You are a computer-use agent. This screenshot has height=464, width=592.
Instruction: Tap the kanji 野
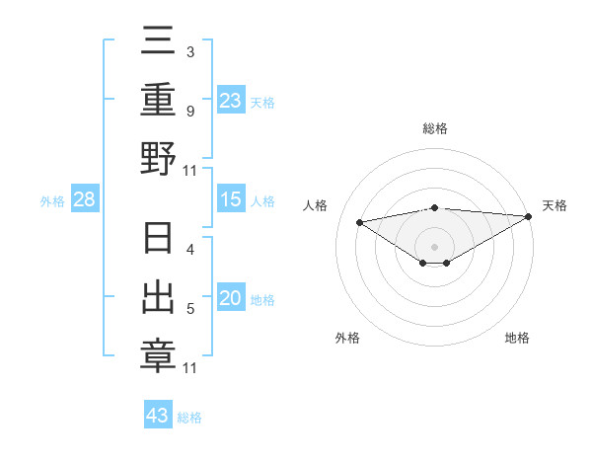point(158,158)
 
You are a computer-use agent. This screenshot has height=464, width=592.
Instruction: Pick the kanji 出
point(158,299)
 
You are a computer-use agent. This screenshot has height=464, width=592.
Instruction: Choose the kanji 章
point(158,354)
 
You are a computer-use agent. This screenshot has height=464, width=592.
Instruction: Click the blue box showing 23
point(230,100)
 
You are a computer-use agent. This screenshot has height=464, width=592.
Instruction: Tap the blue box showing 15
point(230,200)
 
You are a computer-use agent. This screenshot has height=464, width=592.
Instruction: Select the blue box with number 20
point(230,299)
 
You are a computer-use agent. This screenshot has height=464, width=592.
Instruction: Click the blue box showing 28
point(85,200)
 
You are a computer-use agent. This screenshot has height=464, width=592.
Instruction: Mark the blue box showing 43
point(158,416)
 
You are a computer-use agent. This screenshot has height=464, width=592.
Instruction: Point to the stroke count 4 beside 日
point(190,250)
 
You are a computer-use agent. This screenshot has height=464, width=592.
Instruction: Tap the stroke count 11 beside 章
point(190,368)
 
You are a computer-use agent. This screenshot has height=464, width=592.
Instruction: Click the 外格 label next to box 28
point(52,201)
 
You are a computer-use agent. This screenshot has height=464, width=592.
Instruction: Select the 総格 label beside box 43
point(189,418)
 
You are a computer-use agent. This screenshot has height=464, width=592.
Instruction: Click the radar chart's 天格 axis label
point(555,205)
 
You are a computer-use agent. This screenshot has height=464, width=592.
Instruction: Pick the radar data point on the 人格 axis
point(359,221)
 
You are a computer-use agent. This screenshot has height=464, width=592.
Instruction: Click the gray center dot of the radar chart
point(435,245)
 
